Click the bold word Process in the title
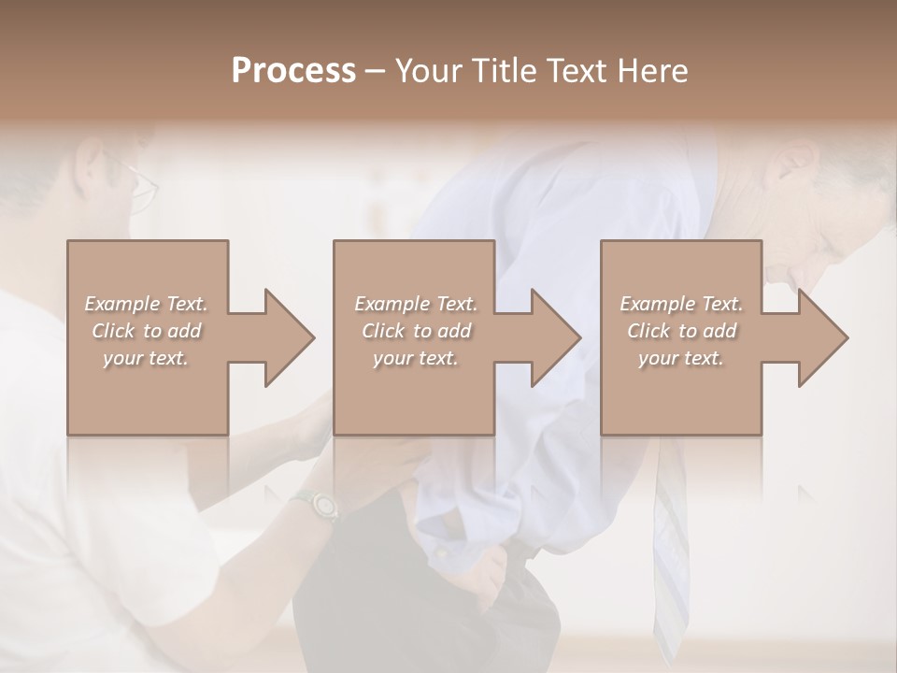[x=293, y=70]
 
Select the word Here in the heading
[x=653, y=70]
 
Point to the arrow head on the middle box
[x=555, y=337]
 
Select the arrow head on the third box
[x=822, y=337]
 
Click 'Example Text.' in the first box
[x=146, y=304]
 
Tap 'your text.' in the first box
[x=146, y=358]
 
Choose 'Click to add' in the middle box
[x=416, y=331]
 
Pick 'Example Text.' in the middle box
[x=416, y=304]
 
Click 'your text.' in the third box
[x=681, y=358]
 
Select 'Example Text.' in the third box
[x=681, y=304]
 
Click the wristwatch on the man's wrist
[x=318, y=506]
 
